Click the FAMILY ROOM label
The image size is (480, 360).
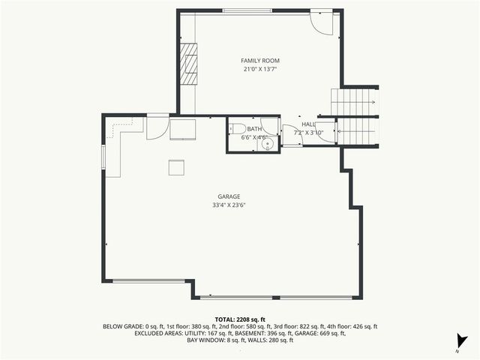click(x=259, y=60)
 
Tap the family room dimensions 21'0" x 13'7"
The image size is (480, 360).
click(x=259, y=69)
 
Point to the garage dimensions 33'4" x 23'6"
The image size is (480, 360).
click(x=229, y=204)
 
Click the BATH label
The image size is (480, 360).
click(x=255, y=129)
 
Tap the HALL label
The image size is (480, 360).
click(x=307, y=124)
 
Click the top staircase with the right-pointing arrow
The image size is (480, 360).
click(x=355, y=100)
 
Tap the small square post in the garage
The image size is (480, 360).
click(x=175, y=167)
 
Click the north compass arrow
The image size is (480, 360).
click(x=461, y=340)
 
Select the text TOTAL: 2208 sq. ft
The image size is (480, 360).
click(x=240, y=319)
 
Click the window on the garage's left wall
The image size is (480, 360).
click(x=103, y=158)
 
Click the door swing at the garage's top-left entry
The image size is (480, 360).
click(x=157, y=129)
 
